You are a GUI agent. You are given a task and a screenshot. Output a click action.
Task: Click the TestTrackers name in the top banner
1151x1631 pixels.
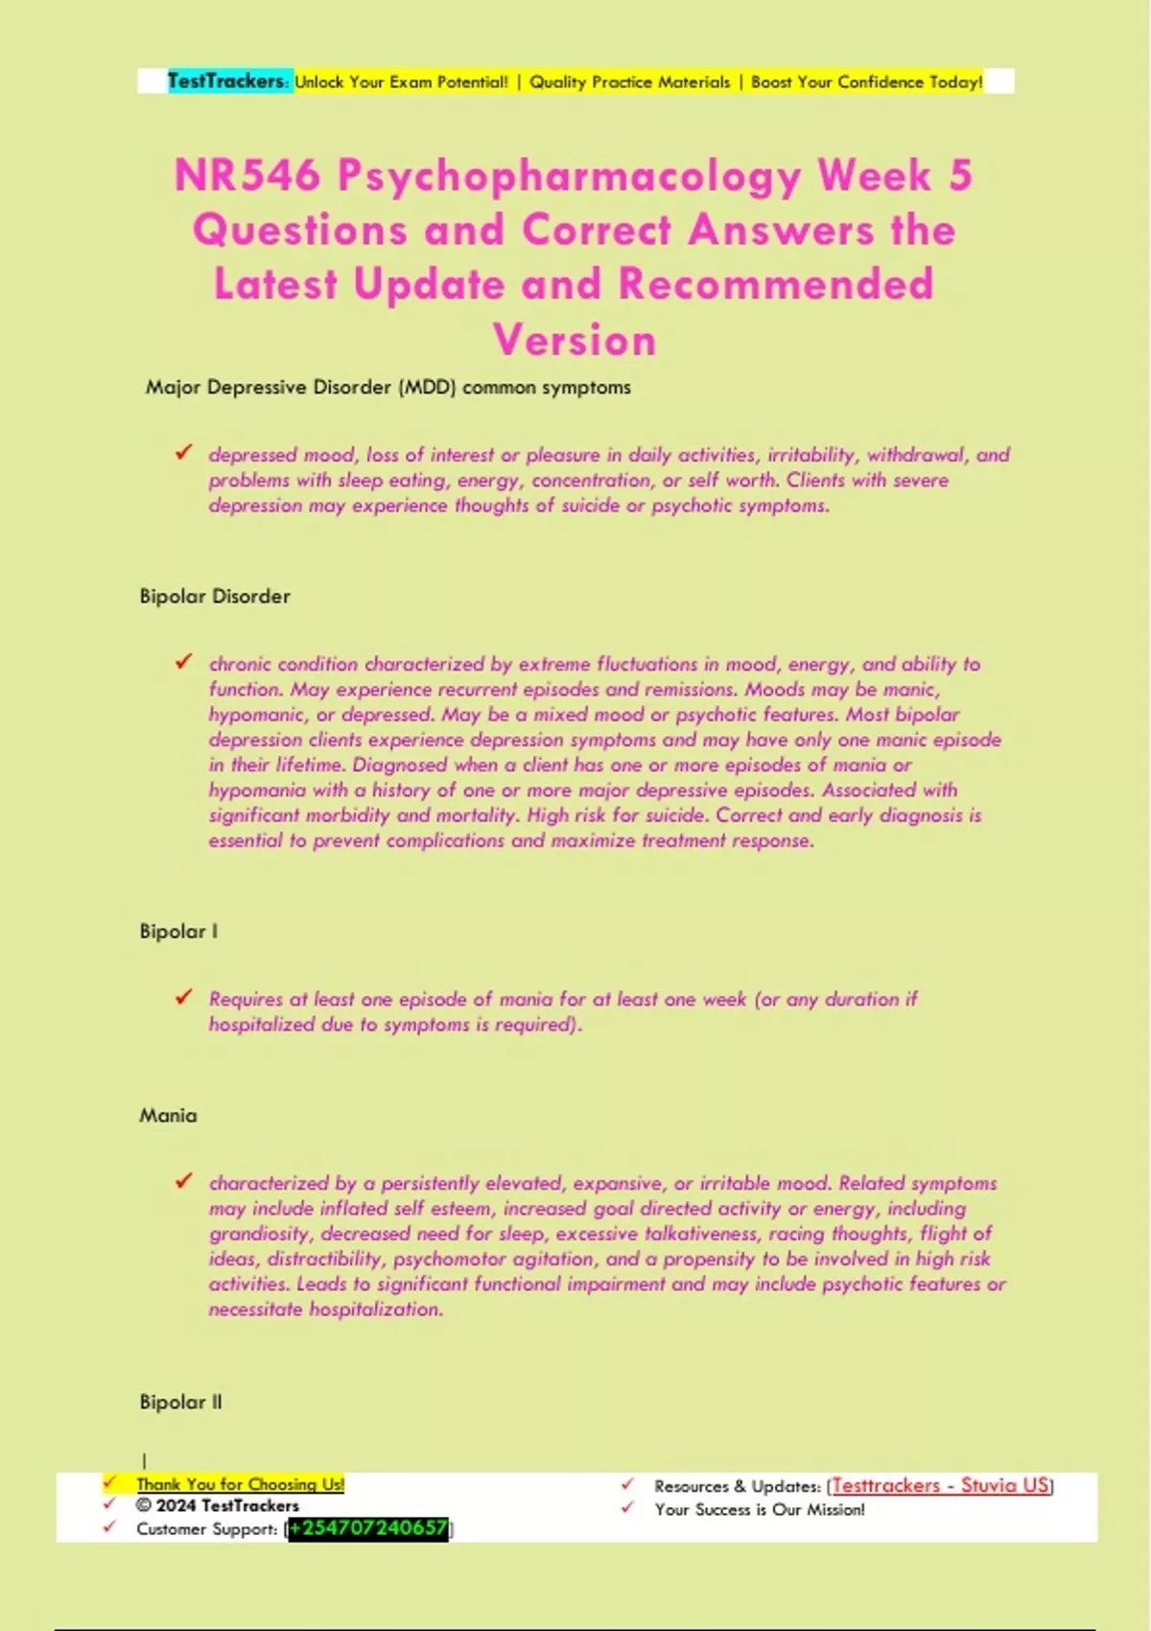[225, 82]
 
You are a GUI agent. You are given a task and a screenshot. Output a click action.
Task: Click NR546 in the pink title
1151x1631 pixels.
[247, 176]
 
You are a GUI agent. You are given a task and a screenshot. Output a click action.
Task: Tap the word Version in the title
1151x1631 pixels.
[575, 341]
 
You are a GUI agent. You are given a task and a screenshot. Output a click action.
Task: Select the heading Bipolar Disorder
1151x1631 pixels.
[215, 596]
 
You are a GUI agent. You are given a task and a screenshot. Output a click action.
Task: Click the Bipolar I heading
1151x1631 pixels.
[178, 931]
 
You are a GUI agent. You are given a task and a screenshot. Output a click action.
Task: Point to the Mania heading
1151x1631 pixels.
[168, 1115]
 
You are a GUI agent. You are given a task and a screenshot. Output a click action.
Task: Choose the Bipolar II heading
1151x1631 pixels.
[180, 1402]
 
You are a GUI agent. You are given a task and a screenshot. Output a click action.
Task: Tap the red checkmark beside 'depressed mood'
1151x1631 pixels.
[183, 452]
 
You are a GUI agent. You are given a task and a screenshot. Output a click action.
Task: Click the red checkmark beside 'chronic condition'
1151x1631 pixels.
[183, 661]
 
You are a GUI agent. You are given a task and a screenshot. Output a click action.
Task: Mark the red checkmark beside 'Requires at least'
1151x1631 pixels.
[183, 997]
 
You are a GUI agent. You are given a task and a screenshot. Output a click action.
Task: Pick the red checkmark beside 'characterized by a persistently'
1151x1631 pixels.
[183, 1181]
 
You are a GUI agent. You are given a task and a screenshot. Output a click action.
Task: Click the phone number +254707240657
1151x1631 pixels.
[368, 1528]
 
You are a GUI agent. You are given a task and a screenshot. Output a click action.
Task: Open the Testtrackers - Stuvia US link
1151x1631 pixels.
[940, 1485]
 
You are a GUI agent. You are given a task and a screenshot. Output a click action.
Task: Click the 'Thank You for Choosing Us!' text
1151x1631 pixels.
[240, 1484]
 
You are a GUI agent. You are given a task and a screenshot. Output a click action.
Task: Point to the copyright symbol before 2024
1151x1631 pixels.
[144, 1506]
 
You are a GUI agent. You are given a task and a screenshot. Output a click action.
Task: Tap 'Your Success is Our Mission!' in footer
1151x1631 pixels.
[759, 1509]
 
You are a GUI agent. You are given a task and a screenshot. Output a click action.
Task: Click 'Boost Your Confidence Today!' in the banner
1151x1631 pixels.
[866, 83]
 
